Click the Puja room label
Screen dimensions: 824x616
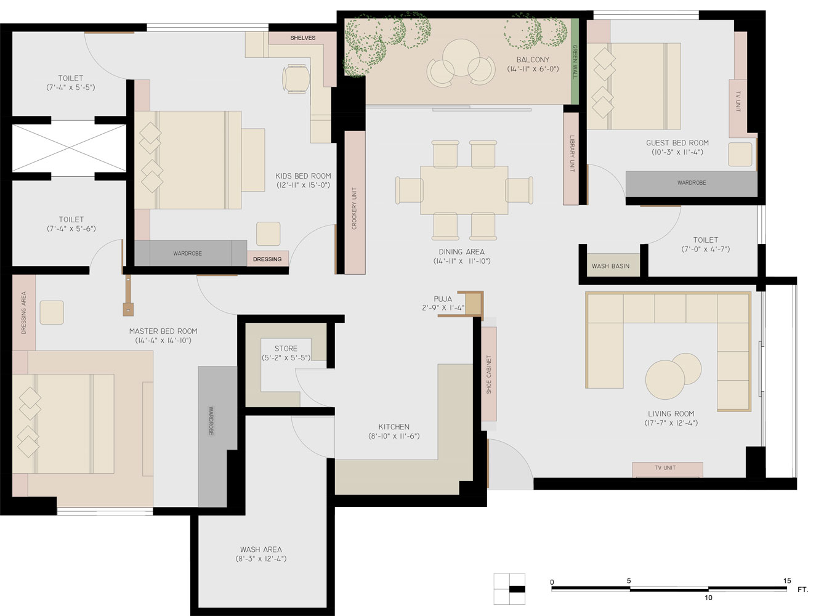443,299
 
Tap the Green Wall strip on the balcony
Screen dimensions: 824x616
575,61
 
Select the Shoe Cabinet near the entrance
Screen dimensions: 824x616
489,374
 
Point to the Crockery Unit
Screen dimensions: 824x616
355,202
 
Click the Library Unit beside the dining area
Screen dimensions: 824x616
571,159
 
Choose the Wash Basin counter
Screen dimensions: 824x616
610,265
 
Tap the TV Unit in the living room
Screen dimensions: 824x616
667,469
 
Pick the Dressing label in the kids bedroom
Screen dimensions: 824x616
267,259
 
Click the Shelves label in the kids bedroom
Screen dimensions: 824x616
302,38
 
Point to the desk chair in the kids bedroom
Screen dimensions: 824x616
296,79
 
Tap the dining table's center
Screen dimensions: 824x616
464,190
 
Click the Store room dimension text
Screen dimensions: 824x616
286,358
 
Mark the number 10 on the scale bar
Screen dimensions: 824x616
708,598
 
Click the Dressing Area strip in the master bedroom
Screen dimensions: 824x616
24,313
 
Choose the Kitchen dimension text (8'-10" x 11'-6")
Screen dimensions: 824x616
394,436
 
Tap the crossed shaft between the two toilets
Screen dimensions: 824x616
70,148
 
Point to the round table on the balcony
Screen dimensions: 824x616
461,57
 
